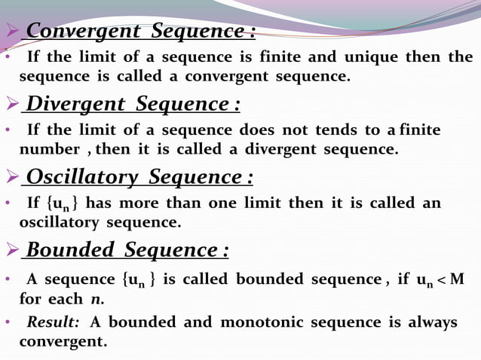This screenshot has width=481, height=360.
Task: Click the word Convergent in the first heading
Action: click(x=83, y=32)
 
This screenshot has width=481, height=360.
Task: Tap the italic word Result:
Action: click(x=53, y=322)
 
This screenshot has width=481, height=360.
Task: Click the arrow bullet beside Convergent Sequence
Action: click(x=11, y=32)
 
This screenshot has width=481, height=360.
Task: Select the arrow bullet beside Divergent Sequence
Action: click(x=11, y=104)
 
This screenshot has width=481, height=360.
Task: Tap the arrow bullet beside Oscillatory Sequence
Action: click(x=11, y=177)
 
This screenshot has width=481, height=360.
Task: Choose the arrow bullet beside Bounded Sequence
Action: click(x=11, y=249)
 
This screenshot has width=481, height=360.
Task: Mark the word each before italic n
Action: click(x=66, y=298)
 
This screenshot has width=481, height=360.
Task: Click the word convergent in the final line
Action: click(x=63, y=341)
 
